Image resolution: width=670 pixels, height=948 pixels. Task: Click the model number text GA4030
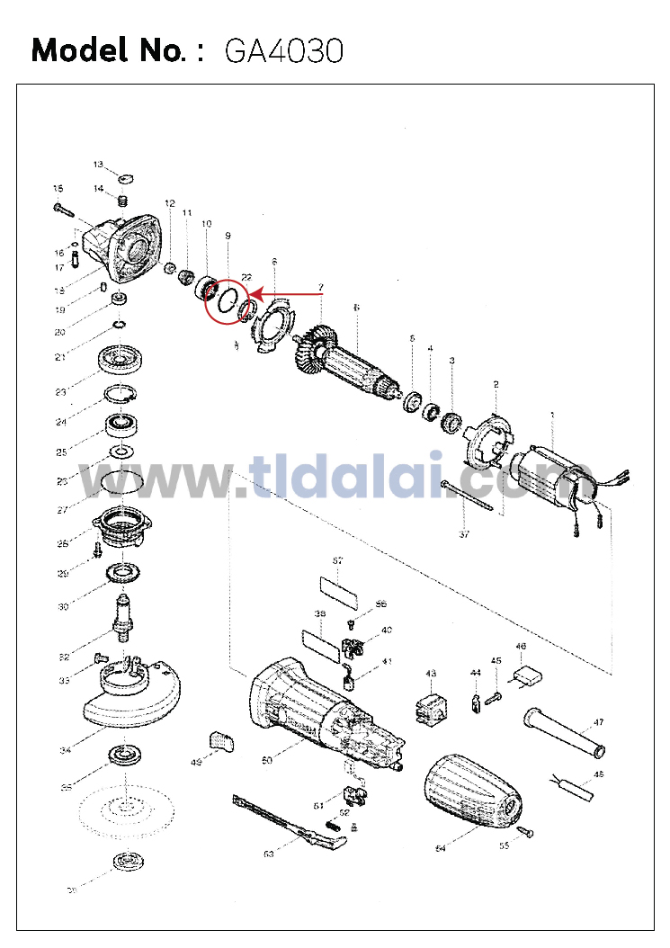pos(284,51)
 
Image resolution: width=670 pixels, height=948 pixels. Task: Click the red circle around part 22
pos(231,300)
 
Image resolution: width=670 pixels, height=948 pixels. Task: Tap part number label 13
pos(98,164)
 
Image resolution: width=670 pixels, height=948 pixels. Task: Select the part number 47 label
pos(598,722)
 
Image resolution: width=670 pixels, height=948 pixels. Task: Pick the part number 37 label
pos(464,534)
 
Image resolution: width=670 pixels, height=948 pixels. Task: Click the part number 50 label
pos(267,761)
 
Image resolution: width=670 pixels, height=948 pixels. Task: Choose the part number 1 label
pos(552,415)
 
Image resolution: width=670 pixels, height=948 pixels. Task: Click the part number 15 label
pos(58,189)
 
